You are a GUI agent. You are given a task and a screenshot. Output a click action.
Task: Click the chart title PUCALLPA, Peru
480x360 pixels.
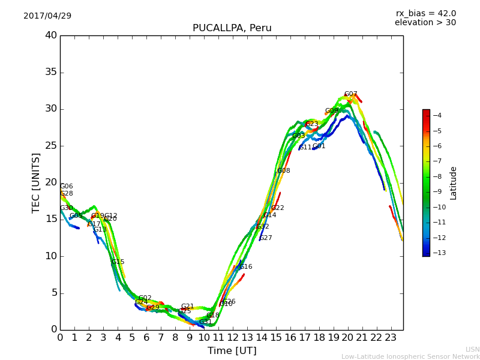[232, 28]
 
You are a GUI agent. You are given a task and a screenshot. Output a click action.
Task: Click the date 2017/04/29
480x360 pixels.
[47, 16]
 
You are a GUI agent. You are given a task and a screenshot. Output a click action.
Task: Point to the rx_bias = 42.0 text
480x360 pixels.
[425, 13]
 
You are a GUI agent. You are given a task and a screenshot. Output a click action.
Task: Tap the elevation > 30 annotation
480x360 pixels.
[425, 23]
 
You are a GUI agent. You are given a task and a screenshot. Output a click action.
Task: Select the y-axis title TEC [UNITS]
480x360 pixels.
[36, 182]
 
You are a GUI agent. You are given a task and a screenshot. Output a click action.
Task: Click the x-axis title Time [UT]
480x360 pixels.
[232, 350]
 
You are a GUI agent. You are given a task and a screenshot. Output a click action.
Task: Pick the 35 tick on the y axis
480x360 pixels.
[51, 72]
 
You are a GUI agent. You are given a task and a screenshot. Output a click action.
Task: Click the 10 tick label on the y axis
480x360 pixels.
[51, 256]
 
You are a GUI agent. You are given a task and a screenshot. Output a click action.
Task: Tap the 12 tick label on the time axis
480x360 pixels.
[233, 337]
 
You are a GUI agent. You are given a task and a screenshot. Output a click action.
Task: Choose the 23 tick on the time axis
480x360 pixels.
[391, 337]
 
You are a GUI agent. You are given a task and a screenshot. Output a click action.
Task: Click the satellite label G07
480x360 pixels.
[350, 94]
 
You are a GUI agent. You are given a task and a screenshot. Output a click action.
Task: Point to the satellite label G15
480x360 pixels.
[118, 262]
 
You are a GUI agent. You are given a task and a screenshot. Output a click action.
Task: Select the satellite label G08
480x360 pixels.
[283, 171]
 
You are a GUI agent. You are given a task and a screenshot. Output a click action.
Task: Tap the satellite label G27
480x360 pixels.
[265, 238]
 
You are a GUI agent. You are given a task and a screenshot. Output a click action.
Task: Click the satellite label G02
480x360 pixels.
[145, 298]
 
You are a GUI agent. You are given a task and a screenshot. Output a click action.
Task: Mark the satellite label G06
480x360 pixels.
[66, 187]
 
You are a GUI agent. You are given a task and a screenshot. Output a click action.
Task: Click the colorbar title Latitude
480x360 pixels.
[454, 183]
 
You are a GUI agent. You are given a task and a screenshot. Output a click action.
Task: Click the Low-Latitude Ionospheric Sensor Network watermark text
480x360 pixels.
[410, 356]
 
